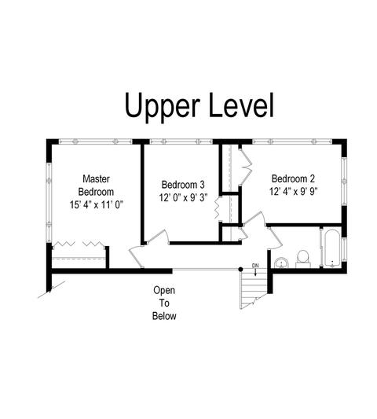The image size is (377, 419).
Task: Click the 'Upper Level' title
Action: point(199,107)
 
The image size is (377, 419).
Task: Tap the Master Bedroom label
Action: point(96,186)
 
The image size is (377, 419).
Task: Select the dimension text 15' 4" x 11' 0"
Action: point(96,205)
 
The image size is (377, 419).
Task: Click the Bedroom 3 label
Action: point(183,185)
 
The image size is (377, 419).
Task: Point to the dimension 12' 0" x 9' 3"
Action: point(183,198)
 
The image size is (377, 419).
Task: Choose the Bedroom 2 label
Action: point(293,178)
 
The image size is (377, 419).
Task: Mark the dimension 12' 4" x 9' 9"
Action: point(293,192)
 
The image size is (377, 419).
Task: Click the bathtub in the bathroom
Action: point(332,248)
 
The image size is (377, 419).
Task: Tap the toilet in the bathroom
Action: point(303,259)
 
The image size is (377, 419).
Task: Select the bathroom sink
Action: point(281,263)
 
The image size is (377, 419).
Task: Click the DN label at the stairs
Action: point(255,266)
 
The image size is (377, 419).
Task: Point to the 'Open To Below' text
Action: point(164,303)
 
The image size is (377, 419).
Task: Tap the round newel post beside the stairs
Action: point(240,270)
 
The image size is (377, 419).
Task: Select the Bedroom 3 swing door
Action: point(158,237)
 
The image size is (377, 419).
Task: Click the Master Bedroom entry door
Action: point(136,256)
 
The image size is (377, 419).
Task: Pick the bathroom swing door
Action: point(274,237)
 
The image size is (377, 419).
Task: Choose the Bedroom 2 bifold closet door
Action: point(246,167)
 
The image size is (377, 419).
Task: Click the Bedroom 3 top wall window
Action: point(181,142)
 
